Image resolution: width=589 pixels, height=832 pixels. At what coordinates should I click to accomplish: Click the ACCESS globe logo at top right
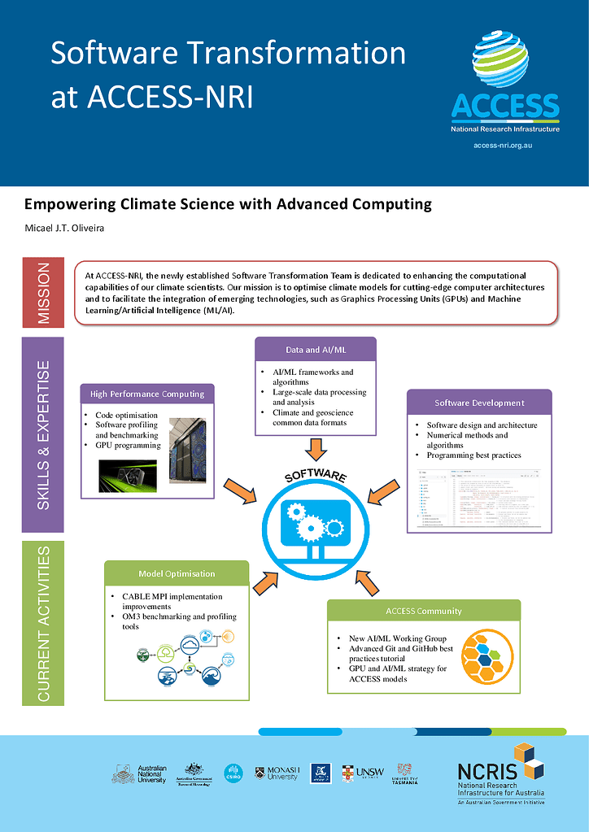click(501, 60)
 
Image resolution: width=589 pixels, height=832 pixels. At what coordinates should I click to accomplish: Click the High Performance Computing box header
click(147, 394)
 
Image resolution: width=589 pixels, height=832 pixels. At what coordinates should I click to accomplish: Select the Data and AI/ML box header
click(316, 349)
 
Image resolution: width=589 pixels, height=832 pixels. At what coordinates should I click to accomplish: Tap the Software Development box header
click(478, 403)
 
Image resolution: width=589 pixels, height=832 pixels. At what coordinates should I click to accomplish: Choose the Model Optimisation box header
click(177, 573)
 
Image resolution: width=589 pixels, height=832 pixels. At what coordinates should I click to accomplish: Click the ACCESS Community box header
click(423, 611)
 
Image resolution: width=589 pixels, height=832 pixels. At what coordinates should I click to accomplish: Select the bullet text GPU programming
click(128, 446)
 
